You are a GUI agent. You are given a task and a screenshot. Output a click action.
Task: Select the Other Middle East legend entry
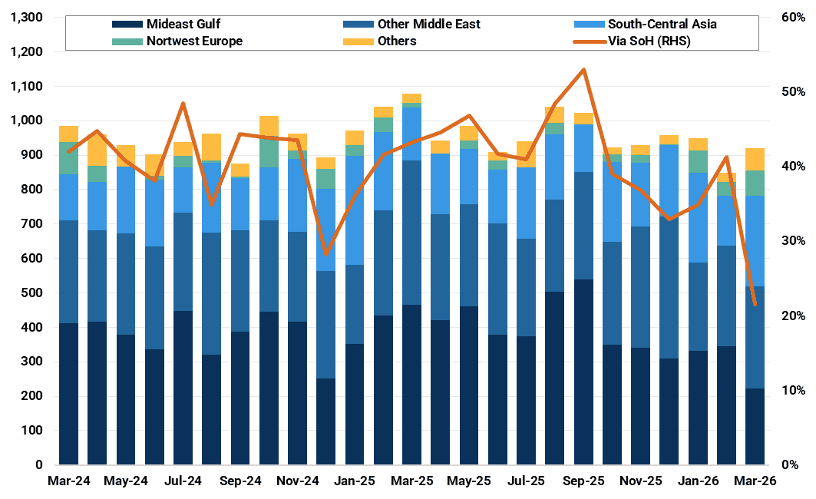coord(428,24)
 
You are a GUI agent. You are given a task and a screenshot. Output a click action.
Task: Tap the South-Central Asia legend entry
coord(662,24)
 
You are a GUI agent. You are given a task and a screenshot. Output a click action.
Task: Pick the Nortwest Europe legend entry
coord(193,41)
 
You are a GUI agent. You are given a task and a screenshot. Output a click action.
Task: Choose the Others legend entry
coord(397,41)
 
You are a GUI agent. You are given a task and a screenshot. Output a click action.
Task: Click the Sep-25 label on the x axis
coord(583,481)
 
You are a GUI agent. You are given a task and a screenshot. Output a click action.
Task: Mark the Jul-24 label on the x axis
coord(183,481)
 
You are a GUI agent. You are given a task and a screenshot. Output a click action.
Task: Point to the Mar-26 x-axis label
coord(755,481)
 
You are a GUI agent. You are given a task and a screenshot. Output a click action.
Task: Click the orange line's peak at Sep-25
coord(583,70)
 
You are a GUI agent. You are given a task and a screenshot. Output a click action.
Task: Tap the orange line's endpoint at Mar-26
coord(755,305)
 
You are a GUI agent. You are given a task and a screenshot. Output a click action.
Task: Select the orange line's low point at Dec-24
coord(326,253)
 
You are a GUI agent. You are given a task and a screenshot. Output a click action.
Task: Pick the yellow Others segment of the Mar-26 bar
coord(755,159)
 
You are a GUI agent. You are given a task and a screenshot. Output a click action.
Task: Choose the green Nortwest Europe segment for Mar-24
coord(69,158)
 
